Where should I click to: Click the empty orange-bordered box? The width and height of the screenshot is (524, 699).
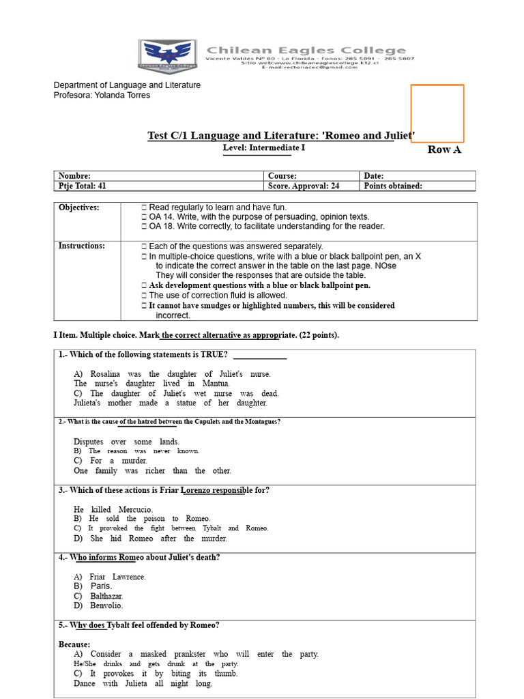pos(437,113)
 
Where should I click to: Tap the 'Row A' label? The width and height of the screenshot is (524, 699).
pos(444,149)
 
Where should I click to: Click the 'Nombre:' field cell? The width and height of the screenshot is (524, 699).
pos(158,175)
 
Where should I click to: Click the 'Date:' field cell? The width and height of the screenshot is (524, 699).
pos(418,175)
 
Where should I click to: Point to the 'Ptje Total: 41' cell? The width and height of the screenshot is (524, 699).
pos(158,186)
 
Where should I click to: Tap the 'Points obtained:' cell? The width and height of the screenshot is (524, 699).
pos(418,186)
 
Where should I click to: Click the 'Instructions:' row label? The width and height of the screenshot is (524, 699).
pos(81,246)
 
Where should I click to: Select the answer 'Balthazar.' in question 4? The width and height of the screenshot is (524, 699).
pos(106,596)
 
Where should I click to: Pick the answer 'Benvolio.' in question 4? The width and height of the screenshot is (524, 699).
pos(106,605)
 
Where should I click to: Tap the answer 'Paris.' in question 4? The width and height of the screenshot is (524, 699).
pos(101,586)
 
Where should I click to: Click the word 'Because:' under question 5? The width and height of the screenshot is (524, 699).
pos(74,644)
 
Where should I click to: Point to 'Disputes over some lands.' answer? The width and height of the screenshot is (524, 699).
pos(126,442)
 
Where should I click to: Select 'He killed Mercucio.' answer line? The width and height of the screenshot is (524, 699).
pos(113,509)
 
